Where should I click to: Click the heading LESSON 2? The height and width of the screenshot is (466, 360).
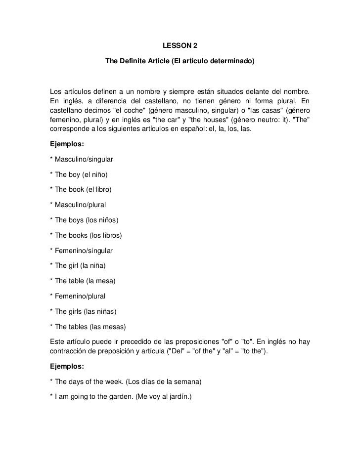[x=180, y=46]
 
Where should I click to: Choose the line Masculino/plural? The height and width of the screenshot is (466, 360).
[x=80, y=205]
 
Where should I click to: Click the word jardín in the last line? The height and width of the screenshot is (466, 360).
[x=183, y=397]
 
